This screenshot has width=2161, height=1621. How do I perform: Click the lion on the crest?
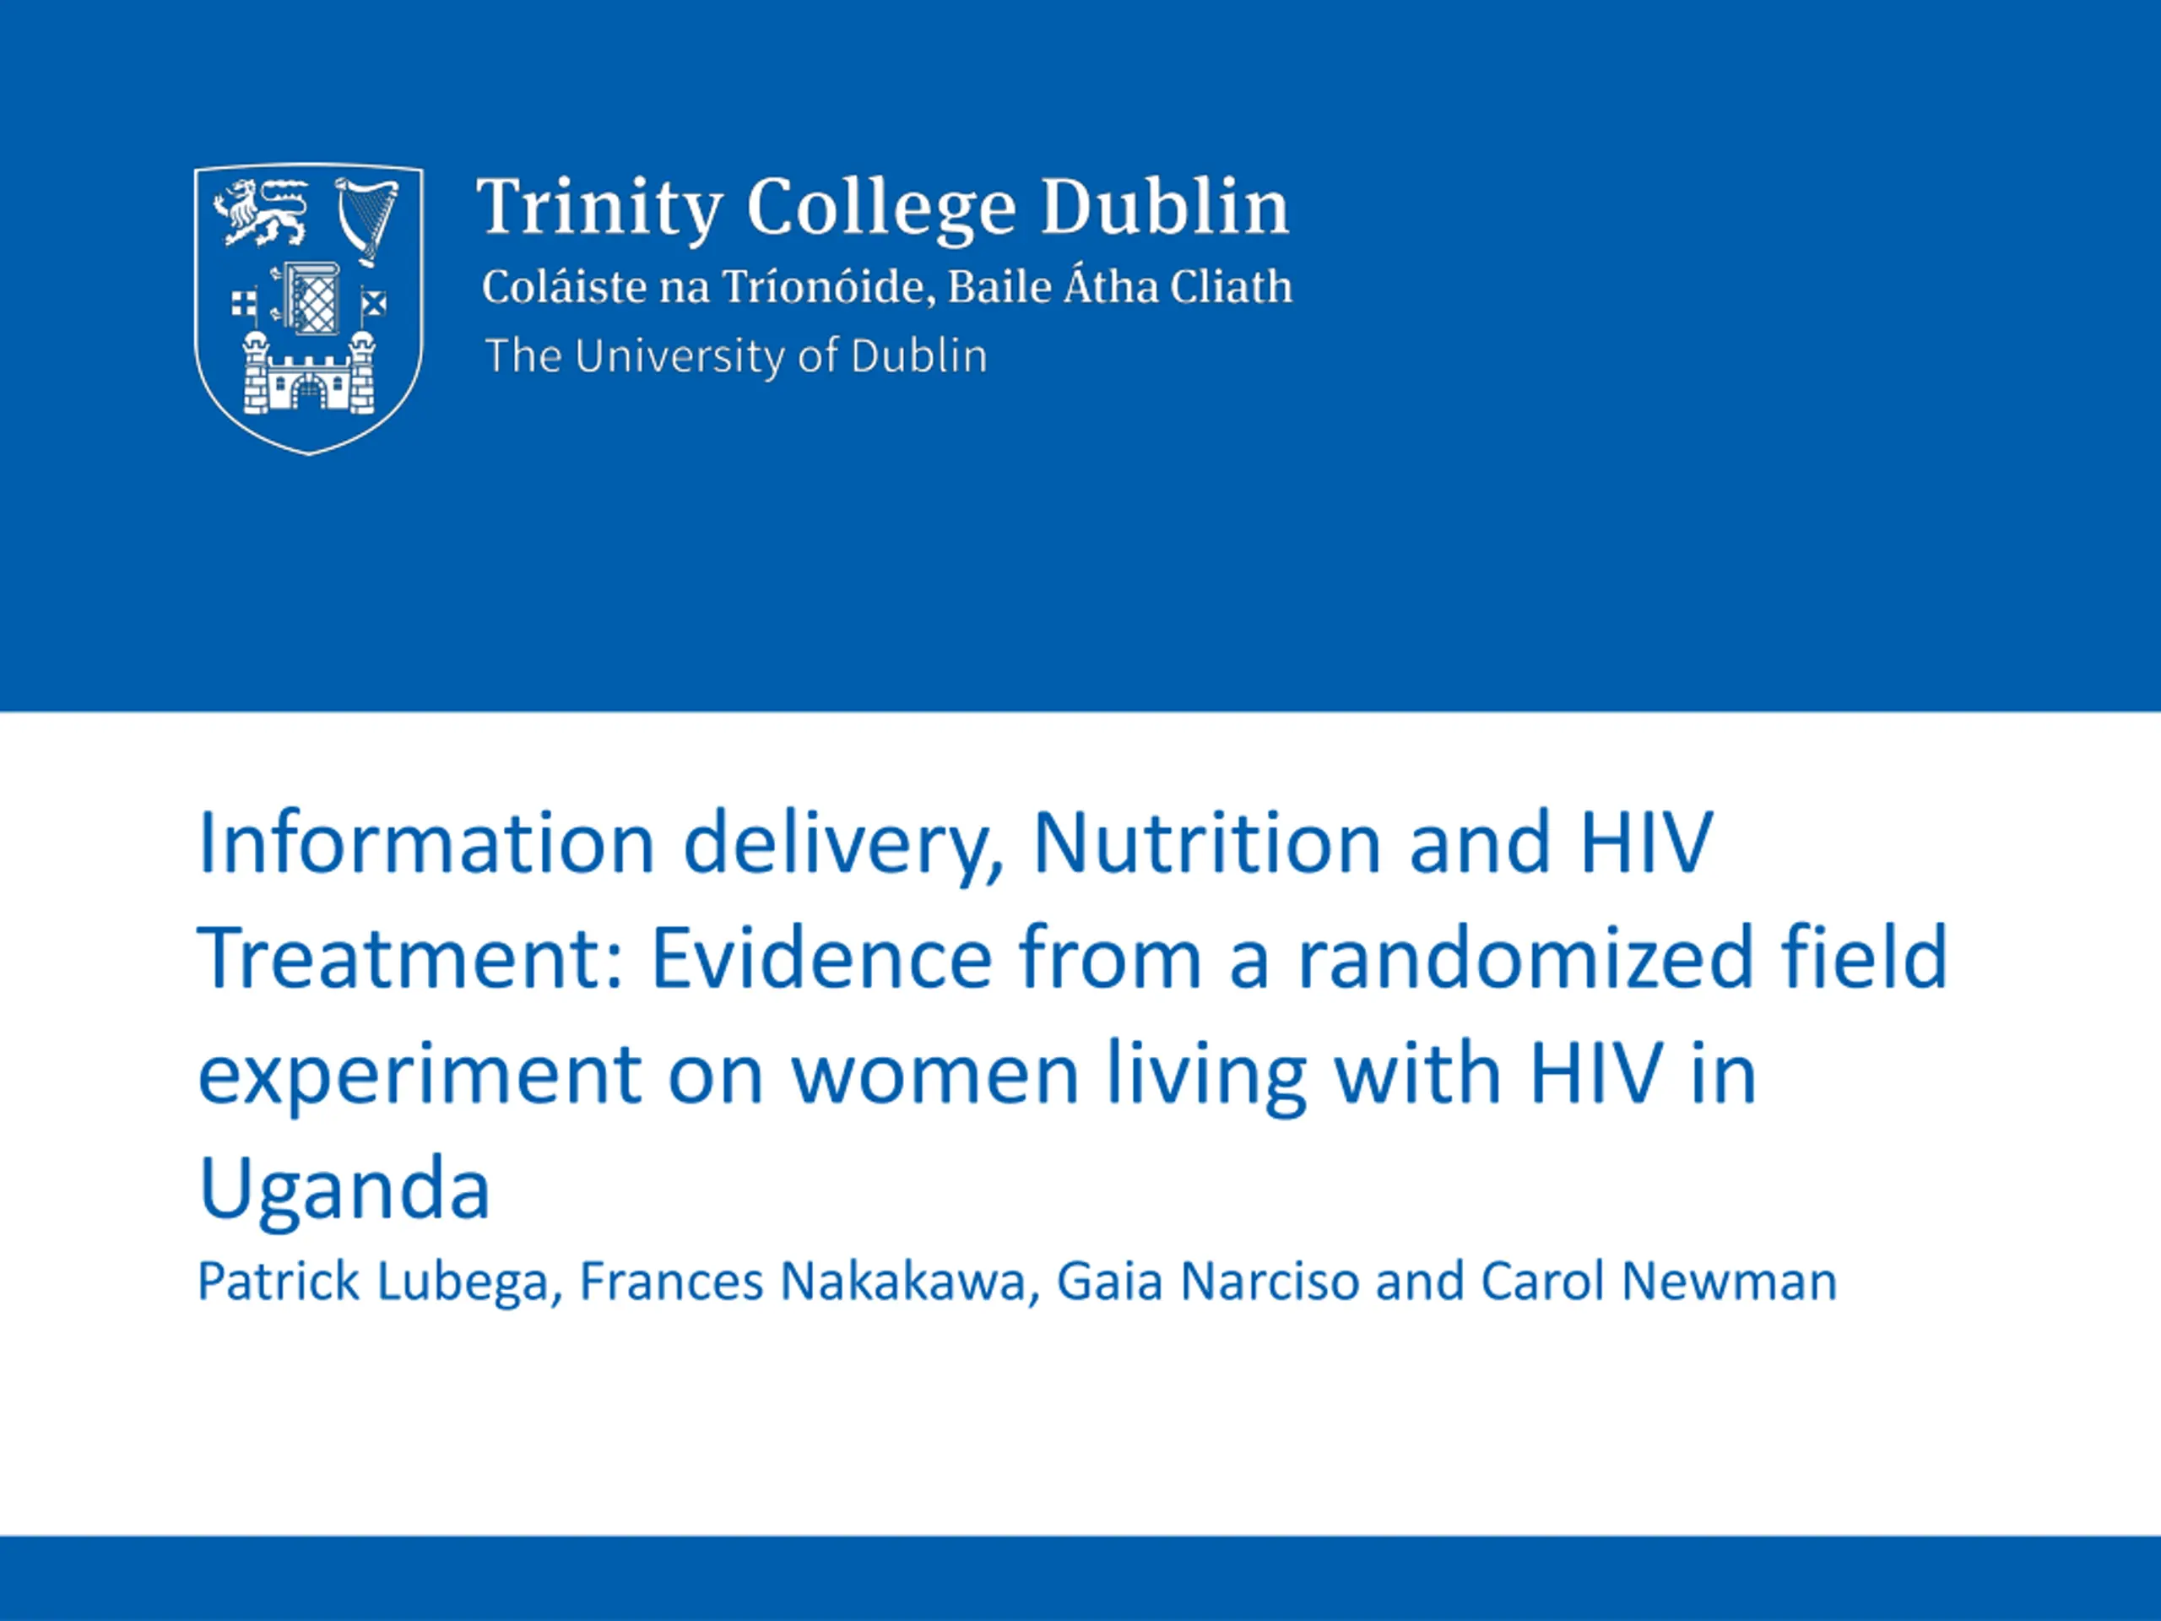tap(261, 213)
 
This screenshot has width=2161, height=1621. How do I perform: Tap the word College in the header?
tap(881, 209)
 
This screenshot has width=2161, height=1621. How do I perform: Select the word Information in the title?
tap(426, 843)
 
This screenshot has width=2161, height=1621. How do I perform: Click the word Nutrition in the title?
tap(1206, 843)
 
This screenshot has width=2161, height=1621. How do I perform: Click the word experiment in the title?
tap(420, 1075)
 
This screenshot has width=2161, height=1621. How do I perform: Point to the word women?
tap(935, 1075)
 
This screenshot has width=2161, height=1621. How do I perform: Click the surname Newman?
tap(1729, 1282)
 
